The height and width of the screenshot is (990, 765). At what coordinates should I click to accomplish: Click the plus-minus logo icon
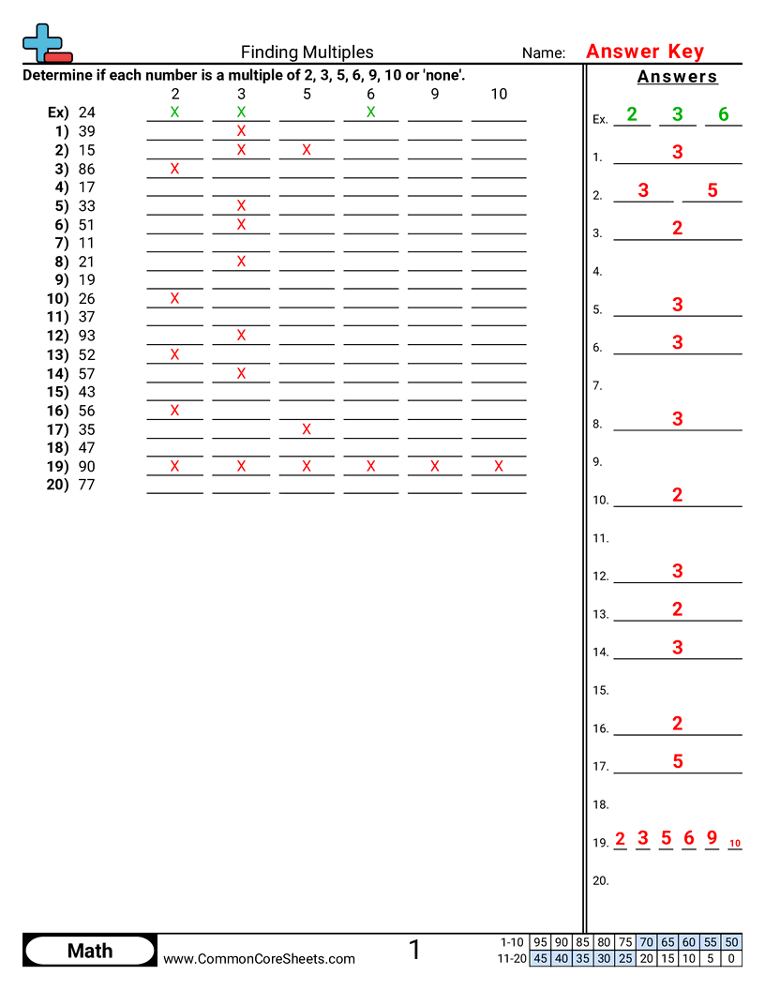(x=43, y=42)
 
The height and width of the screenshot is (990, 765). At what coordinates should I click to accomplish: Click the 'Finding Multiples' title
(x=307, y=52)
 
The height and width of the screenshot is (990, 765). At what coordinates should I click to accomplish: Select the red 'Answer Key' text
(x=644, y=52)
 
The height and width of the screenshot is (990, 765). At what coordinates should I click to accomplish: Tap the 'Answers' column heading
(x=677, y=77)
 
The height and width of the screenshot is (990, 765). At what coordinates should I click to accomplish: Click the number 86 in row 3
(x=87, y=169)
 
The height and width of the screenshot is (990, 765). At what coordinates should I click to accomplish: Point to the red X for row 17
(x=307, y=429)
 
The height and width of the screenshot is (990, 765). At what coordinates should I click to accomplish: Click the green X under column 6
(x=370, y=112)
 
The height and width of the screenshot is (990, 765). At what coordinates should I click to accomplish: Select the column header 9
(x=435, y=94)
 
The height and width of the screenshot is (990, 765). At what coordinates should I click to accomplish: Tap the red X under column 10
(x=499, y=466)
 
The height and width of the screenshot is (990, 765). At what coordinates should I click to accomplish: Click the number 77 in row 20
(x=87, y=485)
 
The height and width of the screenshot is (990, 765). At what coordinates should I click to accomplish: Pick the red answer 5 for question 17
(x=678, y=761)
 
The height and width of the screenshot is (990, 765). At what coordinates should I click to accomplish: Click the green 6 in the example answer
(x=723, y=114)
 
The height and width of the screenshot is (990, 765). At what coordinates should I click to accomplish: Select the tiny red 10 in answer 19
(x=735, y=843)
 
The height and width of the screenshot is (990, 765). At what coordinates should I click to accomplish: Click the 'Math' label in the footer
(x=90, y=951)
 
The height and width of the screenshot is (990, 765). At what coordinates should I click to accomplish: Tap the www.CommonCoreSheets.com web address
(x=259, y=958)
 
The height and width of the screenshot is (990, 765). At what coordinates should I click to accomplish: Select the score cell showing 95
(x=540, y=941)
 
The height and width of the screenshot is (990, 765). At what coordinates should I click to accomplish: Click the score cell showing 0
(x=731, y=958)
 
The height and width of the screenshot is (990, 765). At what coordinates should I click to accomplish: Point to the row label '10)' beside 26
(x=57, y=299)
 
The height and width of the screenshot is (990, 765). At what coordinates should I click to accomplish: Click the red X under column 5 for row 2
(x=307, y=150)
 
